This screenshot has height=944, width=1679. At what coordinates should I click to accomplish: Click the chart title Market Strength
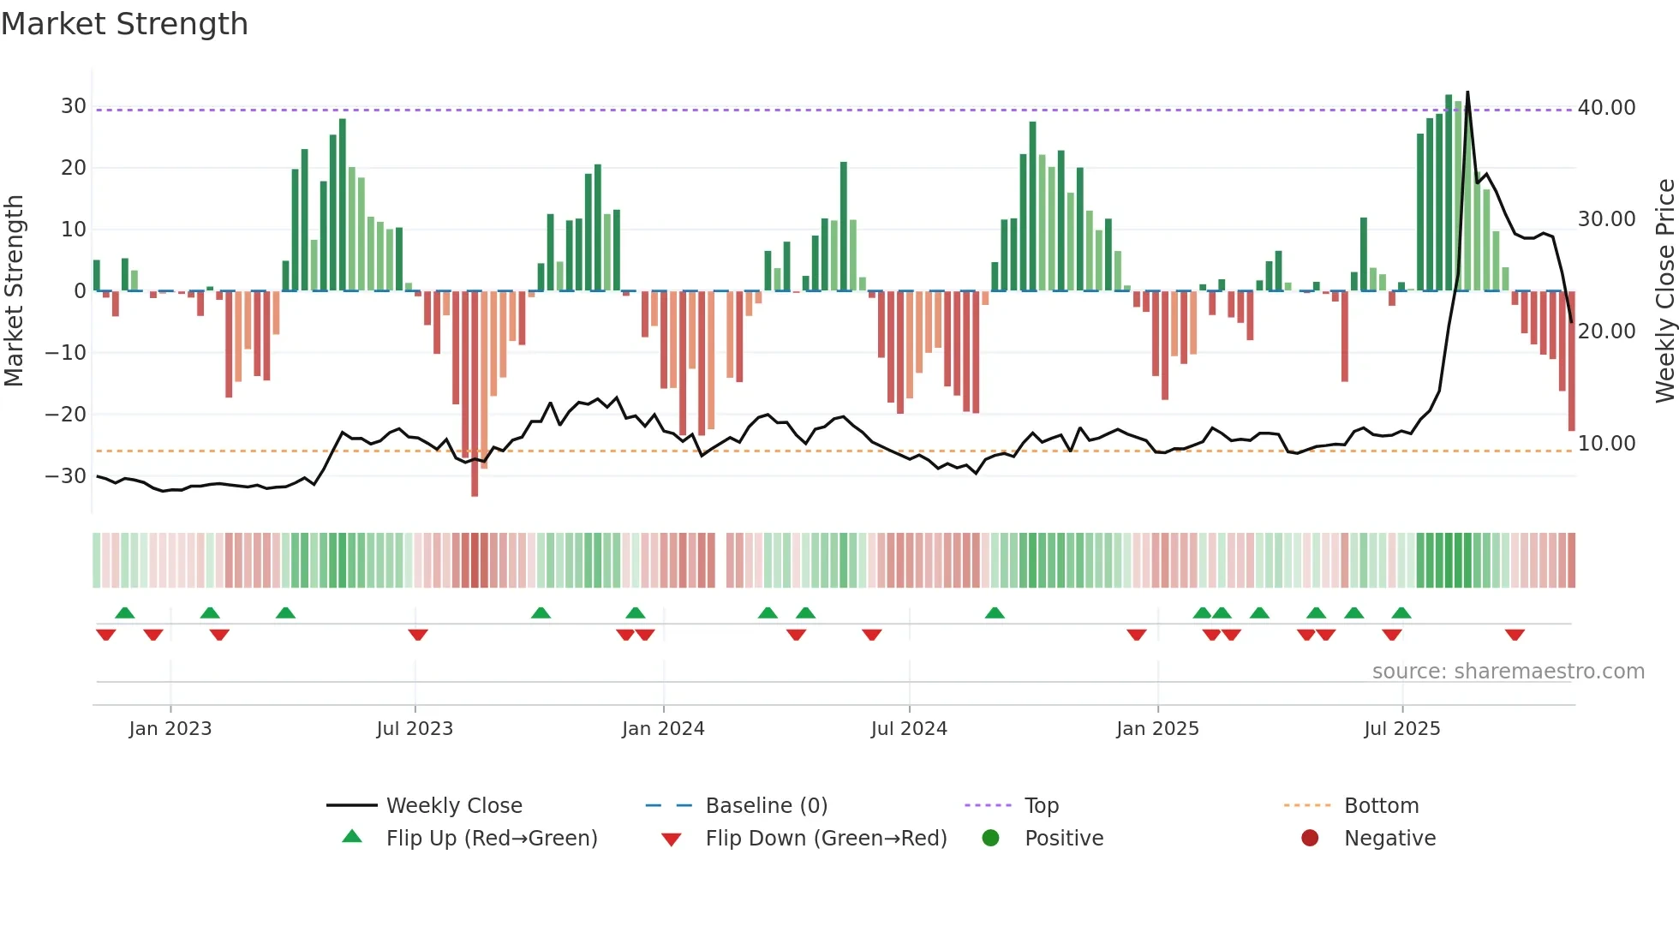[125, 24]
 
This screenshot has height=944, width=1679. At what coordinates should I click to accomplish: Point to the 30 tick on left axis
[74, 106]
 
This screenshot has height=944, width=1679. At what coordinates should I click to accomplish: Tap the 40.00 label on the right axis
[1606, 108]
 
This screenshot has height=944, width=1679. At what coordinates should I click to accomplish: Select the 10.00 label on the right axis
[1606, 444]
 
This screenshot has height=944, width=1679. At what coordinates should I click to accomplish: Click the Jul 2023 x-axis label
[415, 729]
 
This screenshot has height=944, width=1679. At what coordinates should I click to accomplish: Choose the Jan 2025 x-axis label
[1157, 729]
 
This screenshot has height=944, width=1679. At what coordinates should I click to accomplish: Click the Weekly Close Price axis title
[1664, 291]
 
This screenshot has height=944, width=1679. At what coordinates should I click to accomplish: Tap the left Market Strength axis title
[15, 291]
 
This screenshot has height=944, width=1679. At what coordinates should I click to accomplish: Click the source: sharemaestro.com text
[1508, 672]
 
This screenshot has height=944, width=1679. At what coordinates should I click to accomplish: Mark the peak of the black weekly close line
[1467, 93]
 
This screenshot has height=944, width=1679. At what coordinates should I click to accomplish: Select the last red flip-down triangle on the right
[1515, 635]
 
